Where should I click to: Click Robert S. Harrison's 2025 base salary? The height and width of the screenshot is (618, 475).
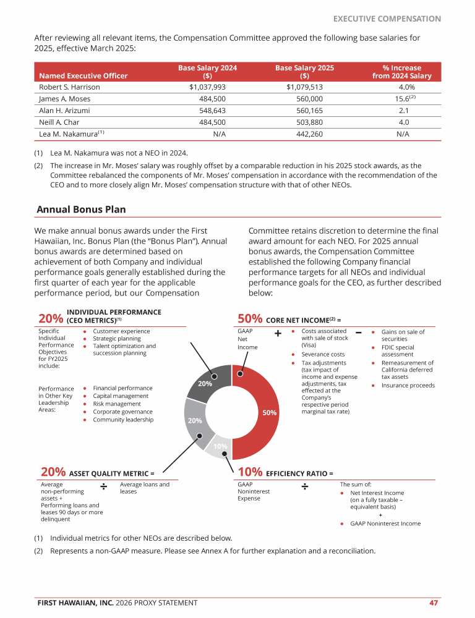304,87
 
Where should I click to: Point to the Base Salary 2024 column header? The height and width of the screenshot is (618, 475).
207,72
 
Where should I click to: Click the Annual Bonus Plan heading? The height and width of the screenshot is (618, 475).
81,210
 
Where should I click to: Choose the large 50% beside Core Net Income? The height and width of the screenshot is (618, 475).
250,319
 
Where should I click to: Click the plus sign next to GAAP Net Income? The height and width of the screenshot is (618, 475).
278,334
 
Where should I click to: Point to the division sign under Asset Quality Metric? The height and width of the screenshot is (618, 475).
105,487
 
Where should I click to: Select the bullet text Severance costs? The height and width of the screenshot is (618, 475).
322,354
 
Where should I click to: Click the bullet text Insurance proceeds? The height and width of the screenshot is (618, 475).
408,386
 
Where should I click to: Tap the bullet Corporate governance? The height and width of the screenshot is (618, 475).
122,412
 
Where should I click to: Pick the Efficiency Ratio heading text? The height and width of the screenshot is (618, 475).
299,474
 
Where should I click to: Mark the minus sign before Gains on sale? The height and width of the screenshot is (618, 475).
359,333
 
